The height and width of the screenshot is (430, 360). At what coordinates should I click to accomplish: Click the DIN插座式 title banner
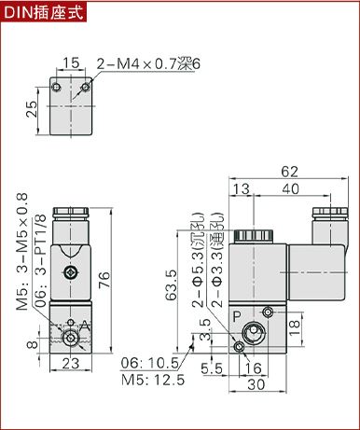click(x=44, y=12)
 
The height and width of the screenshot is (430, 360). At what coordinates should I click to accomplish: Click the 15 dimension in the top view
click(x=71, y=62)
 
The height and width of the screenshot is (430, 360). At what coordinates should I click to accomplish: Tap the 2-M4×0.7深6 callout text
click(x=148, y=64)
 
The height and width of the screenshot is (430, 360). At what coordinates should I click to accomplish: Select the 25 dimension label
click(x=31, y=109)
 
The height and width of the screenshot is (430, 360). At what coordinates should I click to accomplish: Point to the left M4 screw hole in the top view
click(x=56, y=88)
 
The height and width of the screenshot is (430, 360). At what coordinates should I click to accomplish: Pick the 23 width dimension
click(x=71, y=363)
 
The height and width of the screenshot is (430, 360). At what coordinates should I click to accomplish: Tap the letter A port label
click(x=85, y=326)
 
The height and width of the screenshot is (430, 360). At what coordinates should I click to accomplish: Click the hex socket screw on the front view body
click(x=70, y=273)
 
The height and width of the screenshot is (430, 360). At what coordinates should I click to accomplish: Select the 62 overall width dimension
click(x=289, y=172)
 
